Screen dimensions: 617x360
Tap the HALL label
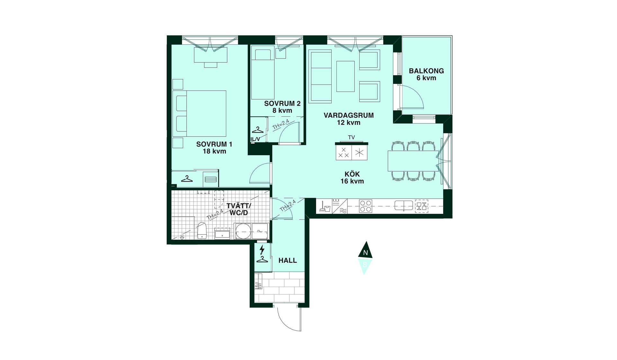[288, 261]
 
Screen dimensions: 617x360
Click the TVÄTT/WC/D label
[239, 209]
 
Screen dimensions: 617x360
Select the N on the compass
[365, 253]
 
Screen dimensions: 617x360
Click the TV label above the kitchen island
[351, 138]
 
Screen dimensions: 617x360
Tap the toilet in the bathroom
[201, 230]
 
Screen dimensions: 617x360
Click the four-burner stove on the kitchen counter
[365, 206]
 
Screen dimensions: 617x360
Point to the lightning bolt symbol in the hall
[262, 249]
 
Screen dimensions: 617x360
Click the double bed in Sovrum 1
[199, 113]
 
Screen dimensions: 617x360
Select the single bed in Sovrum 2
[263, 74]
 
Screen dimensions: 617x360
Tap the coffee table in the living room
[345, 76]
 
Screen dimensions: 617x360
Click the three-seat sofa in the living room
[320, 76]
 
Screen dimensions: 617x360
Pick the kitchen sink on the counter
[404, 205]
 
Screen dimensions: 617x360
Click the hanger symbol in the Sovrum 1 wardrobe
[187, 179]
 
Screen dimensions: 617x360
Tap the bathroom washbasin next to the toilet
[222, 233]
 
